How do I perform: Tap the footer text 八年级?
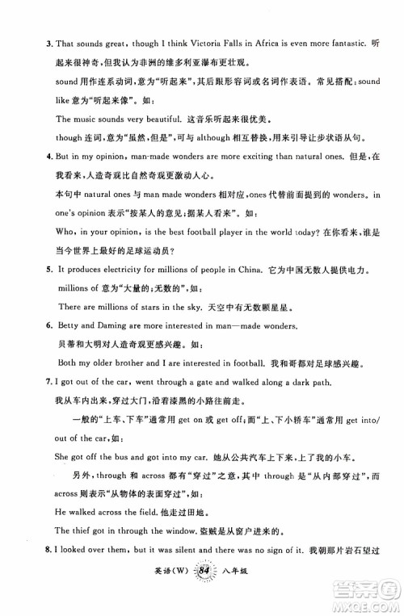pos(240,597)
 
